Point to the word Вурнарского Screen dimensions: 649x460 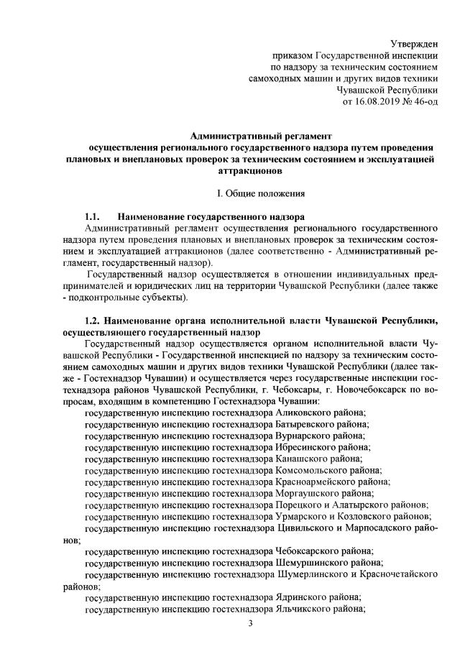pos(305,436)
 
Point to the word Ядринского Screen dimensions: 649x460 pos(303,597)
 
